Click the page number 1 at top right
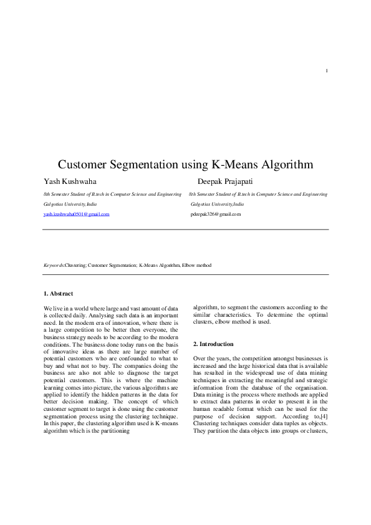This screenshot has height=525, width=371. [326, 70]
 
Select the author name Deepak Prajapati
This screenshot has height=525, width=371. [226, 181]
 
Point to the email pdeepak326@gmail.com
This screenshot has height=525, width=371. [216, 214]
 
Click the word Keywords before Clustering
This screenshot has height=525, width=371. [54, 265]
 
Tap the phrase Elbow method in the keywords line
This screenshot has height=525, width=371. [196, 265]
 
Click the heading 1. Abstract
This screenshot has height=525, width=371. [58, 293]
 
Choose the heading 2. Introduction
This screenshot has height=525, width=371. [213, 344]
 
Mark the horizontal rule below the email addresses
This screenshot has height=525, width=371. [185, 229]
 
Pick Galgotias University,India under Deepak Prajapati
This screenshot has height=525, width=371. [217, 204]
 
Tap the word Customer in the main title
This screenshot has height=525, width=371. [83, 165]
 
